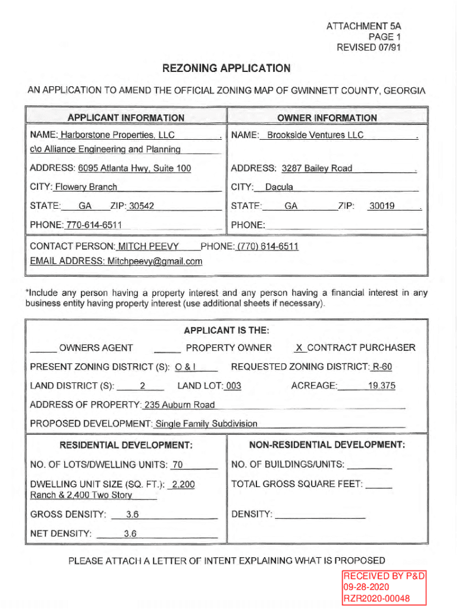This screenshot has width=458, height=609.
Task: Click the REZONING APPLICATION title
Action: pos(226,68)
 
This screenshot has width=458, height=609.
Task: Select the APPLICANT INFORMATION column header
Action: pos(126,118)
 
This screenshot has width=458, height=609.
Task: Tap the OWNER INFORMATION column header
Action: pos(327,118)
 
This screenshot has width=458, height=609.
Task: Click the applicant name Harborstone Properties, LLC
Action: pos(117,135)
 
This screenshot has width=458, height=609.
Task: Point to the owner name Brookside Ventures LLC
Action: pos(315,135)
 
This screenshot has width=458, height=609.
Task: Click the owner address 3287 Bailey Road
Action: pos(316,168)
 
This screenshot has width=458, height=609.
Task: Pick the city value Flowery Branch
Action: pos(86,187)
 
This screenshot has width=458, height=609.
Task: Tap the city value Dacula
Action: pos(279,187)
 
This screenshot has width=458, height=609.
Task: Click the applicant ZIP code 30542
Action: pos(142,206)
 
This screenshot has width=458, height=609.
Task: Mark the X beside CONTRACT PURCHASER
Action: pos(299,348)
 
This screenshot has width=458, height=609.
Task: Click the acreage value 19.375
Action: pos(381,386)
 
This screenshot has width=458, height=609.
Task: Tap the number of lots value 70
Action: pos(177,464)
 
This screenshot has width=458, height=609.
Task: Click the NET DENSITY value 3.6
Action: pos(130,533)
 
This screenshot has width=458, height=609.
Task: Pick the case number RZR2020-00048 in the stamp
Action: pos(376,598)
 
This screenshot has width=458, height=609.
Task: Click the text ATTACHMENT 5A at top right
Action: pos(363,26)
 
